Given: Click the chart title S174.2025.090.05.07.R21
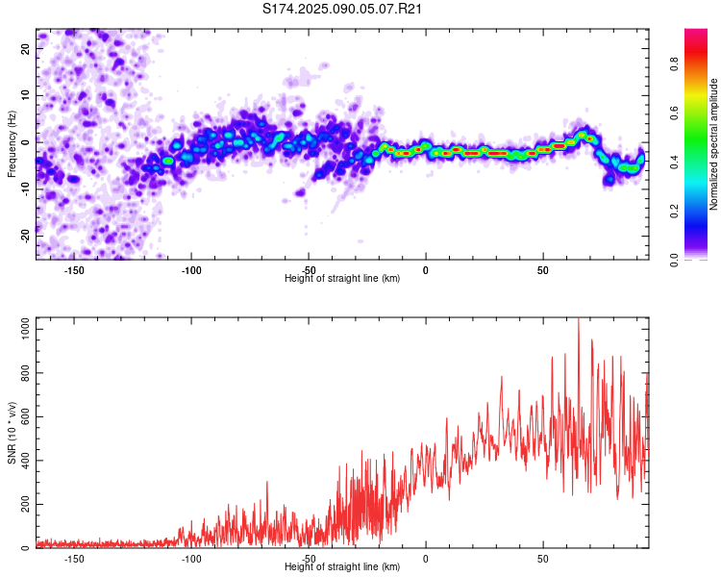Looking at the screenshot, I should coord(343,9).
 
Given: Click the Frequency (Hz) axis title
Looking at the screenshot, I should coord(12,144).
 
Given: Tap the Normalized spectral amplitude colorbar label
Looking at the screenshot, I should coord(714,144).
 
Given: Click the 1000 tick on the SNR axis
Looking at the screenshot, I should coord(19,329).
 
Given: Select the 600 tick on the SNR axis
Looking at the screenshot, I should coord(22,416).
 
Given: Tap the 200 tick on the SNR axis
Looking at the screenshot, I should coord(22,505).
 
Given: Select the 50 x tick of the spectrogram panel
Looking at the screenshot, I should coord(543,269).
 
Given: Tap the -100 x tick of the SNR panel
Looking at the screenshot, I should coord(191,558).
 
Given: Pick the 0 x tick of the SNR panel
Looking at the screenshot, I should coord(426,558).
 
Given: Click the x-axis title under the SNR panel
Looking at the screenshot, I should coord(342,567).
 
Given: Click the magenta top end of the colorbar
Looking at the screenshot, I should coord(696,33).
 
